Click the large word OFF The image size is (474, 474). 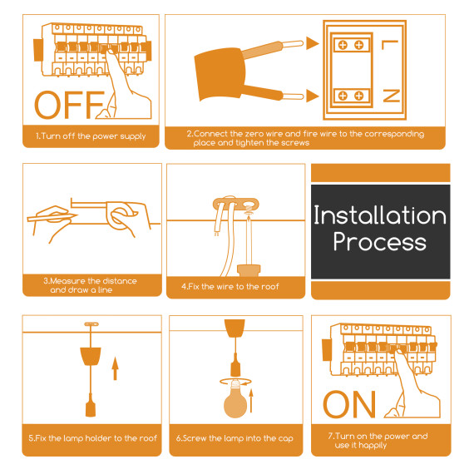pyautogui.click(x=70, y=105)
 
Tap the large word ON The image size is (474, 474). pyautogui.click(x=349, y=404)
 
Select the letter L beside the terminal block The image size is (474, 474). pyautogui.click(x=390, y=45)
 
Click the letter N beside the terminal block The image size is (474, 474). pyautogui.click(x=392, y=96)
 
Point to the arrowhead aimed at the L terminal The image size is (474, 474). pyautogui.click(x=313, y=43)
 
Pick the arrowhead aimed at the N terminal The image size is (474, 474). pyautogui.click(x=313, y=96)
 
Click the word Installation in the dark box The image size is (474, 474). pyautogui.click(x=380, y=215)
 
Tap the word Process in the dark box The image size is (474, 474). pyautogui.click(x=380, y=242)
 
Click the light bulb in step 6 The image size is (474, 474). pyautogui.click(x=235, y=399)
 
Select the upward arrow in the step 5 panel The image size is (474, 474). pyautogui.click(x=115, y=368)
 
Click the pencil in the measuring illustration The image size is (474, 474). pyautogui.click(x=52, y=216)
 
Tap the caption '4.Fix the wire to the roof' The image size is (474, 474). pyautogui.click(x=230, y=287)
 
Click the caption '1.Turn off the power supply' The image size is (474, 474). pyautogui.click(x=91, y=136)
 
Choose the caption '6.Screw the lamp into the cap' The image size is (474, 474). pyautogui.click(x=235, y=438)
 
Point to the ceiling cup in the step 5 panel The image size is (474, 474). pyautogui.click(x=91, y=356)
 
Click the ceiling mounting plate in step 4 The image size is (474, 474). pyautogui.click(x=236, y=204)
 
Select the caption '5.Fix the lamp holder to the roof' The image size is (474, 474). pyautogui.click(x=92, y=438)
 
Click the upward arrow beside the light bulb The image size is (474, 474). pyautogui.click(x=251, y=401)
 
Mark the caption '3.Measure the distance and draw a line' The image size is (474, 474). pyautogui.click(x=90, y=285)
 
